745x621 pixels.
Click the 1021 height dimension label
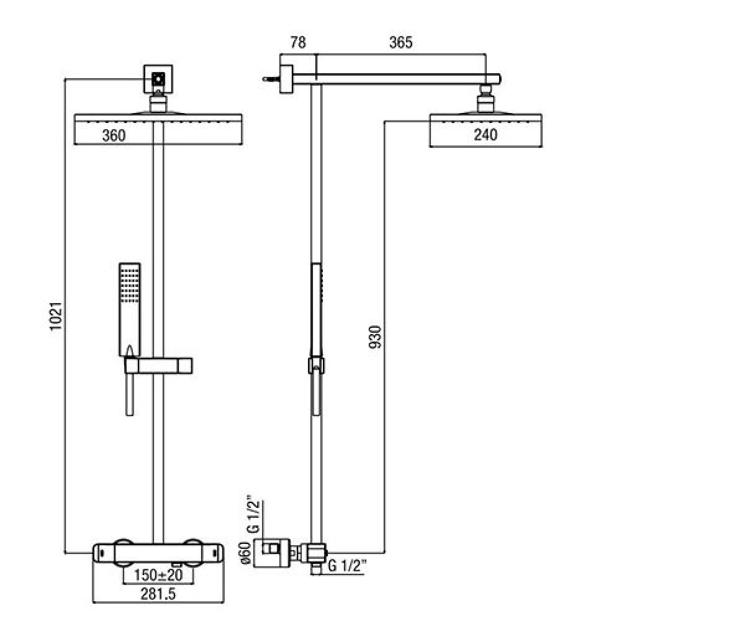tap(56, 317)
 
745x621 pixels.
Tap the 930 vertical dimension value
tap(375, 337)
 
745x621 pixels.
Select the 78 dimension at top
tap(298, 42)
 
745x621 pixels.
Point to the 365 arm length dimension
tap(400, 42)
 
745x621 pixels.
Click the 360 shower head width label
tap(114, 135)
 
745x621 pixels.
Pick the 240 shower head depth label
tap(485, 135)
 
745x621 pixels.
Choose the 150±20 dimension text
tap(158, 575)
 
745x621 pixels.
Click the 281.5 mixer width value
tap(158, 594)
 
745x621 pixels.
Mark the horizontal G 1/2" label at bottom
tap(347, 566)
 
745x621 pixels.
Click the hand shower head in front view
tap(130, 310)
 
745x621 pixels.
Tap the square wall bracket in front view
tap(158, 79)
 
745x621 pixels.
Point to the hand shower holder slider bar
tap(158, 366)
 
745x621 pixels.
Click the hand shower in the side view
tap(316, 339)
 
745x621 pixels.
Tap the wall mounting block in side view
tap(286, 79)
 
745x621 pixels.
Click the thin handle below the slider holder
tap(130, 394)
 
